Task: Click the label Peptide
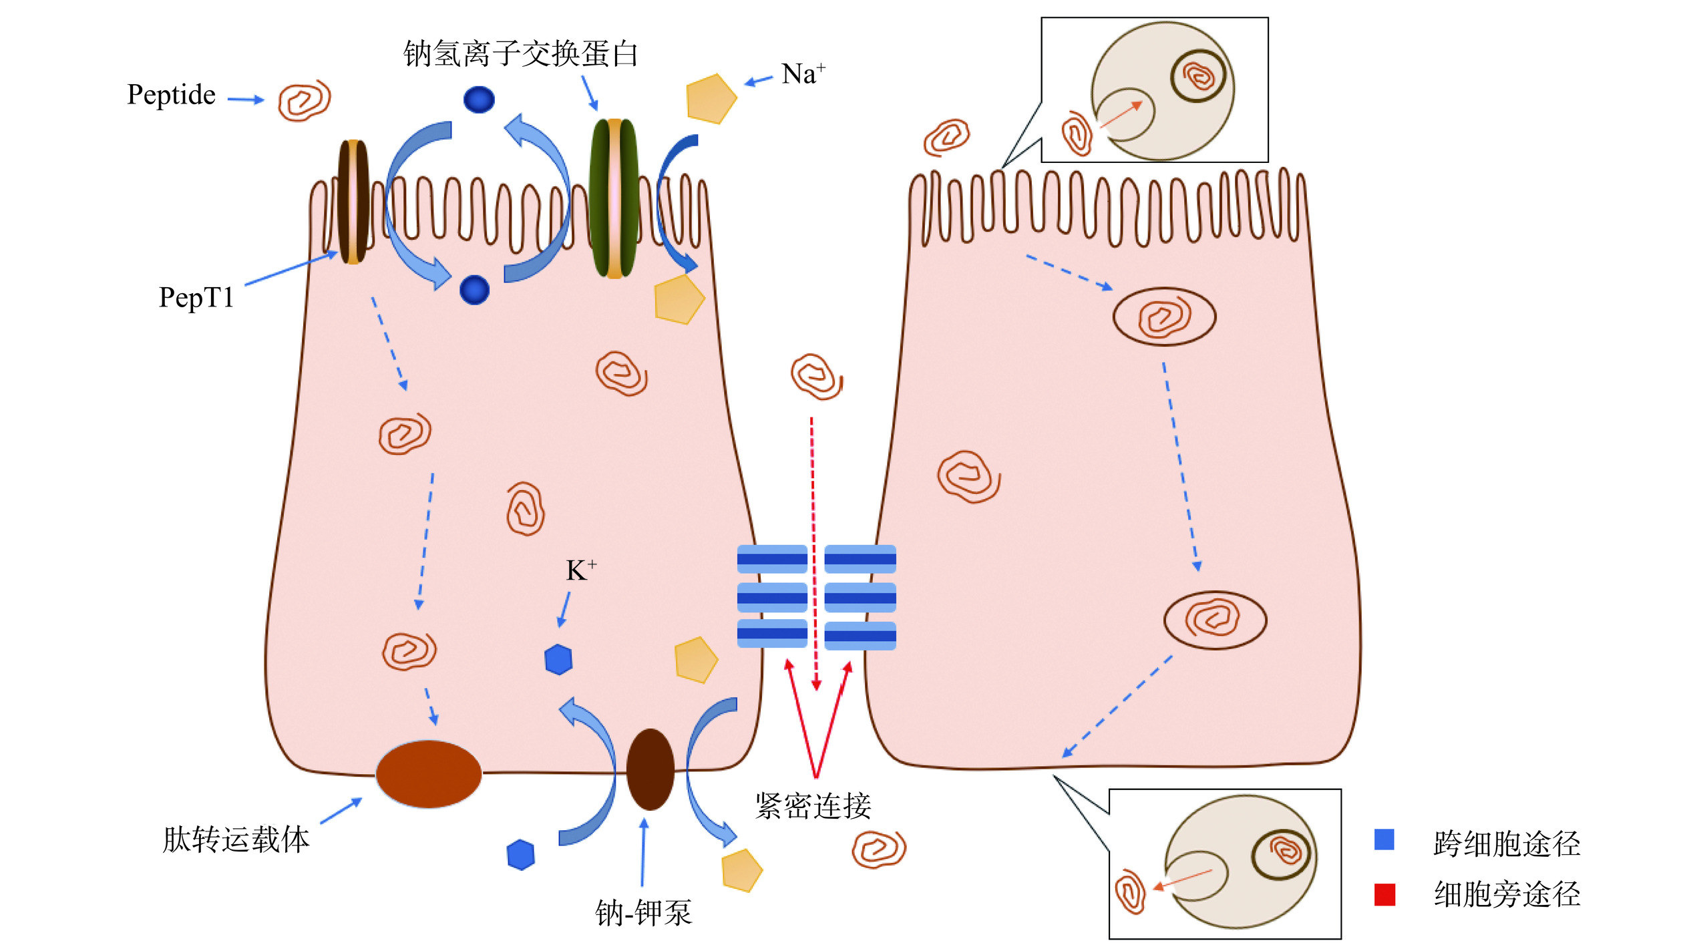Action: pos(171,96)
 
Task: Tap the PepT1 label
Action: pos(196,298)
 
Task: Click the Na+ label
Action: pos(802,74)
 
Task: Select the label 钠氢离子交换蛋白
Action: pos(520,54)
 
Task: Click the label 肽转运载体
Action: pos(236,839)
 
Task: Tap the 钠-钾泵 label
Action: pos(643,913)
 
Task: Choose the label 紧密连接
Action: pos(813,806)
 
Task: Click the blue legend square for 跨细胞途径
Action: pos(1384,839)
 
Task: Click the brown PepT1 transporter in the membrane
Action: pos(353,202)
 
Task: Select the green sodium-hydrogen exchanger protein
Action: pos(614,198)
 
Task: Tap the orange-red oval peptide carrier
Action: pos(428,773)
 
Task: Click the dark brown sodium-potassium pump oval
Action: pos(650,769)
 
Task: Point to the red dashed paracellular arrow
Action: pos(813,548)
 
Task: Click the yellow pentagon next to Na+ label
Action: pos(711,99)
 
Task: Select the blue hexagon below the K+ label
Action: pos(558,660)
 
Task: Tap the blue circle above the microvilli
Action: pos(479,100)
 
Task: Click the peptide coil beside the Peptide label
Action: pos(304,101)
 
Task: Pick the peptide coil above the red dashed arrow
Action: pos(815,377)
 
